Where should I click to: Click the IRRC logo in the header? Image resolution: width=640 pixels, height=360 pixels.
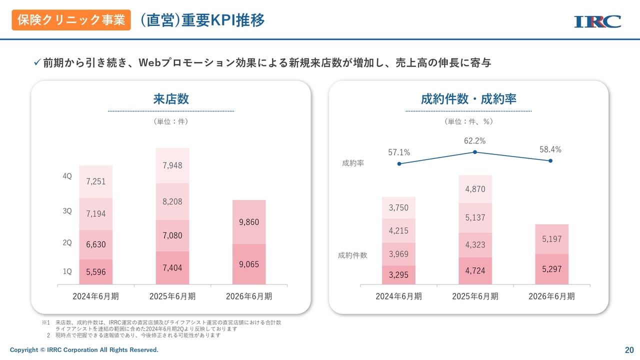(x=597, y=21)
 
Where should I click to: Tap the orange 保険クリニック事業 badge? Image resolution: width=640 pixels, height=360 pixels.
(x=71, y=20)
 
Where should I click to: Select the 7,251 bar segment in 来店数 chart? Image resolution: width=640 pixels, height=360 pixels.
(x=95, y=181)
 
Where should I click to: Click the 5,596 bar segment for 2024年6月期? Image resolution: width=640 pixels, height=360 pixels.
(x=95, y=272)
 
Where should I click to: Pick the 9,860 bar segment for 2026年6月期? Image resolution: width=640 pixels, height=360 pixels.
(x=249, y=222)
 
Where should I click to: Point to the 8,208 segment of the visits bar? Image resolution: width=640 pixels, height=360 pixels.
(x=172, y=201)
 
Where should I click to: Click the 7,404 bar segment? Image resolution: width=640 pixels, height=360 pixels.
(x=172, y=268)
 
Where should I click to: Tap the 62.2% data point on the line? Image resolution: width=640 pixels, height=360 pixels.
(x=475, y=152)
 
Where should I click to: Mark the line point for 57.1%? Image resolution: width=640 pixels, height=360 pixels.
(x=399, y=163)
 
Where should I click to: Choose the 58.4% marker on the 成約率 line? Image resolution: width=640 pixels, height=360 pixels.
(x=550, y=160)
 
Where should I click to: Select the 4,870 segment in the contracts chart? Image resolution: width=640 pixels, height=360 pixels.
(x=475, y=189)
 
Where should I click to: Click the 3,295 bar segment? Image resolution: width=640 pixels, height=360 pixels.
(x=398, y=275)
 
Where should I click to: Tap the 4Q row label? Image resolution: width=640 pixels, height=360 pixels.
(x=67, y=176)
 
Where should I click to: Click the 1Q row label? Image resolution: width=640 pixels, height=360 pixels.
(x=67, y=271)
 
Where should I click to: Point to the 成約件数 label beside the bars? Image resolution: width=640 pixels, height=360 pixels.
(x=352, y=255)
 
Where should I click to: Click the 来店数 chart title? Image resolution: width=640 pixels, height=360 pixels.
(x=171, y=98)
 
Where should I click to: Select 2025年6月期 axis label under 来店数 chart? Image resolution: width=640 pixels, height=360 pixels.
(x=172, y=296)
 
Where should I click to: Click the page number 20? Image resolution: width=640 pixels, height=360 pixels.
(x=629, y=349)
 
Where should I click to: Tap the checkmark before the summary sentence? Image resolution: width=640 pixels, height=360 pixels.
(x=36, y=62)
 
